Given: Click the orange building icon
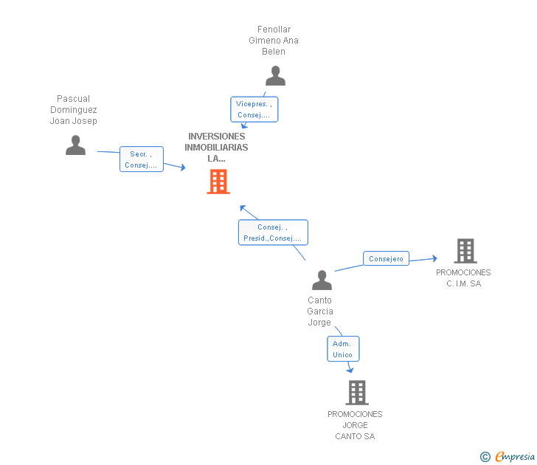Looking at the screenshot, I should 218,182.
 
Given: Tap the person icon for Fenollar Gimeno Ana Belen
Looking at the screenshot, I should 275,76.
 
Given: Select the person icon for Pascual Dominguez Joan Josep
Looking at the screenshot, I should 75,145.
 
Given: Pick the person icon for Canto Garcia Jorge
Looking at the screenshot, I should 322,280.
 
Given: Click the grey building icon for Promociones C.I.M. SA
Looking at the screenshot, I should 465,251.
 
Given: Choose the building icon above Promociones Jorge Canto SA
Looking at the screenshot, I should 356,393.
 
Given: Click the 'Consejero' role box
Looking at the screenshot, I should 386,259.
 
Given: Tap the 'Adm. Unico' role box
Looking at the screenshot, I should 343,349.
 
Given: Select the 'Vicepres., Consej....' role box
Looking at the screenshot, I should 254,109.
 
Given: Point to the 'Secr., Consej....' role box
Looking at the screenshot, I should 141,159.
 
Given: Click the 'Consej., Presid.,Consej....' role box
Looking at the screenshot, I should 273,232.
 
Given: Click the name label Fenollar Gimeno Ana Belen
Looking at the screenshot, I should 274,41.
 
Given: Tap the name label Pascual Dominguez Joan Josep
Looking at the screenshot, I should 74,110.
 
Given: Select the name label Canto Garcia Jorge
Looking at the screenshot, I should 320,311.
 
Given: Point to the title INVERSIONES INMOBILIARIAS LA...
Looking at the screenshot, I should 217,147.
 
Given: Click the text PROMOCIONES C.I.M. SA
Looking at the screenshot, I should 463,278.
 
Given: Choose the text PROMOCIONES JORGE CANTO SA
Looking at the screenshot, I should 355,425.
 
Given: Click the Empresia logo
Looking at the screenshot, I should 515,457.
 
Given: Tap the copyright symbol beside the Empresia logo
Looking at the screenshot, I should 485,457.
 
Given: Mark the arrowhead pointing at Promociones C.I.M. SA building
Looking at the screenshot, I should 434,258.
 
